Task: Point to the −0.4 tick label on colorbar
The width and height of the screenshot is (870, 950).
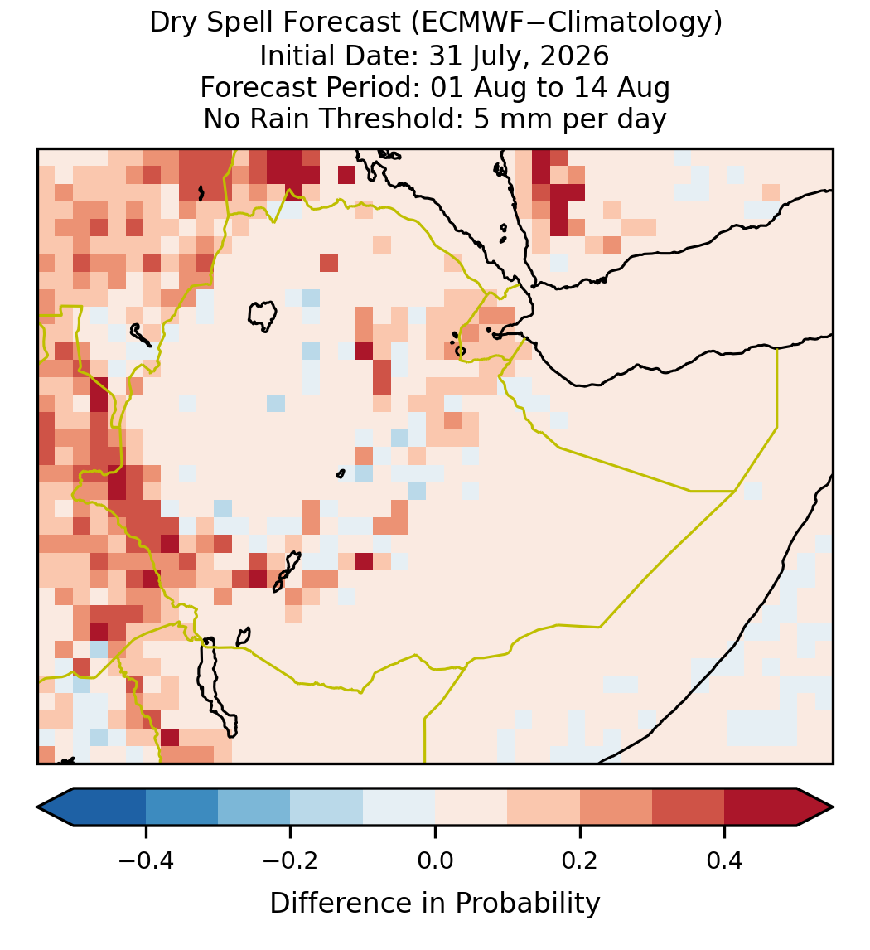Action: tap(146, 860)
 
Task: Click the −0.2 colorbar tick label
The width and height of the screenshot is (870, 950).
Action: tap(291, 860)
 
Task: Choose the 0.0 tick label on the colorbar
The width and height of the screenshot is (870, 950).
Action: tap(435, 860)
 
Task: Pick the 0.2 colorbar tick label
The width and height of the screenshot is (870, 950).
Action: tap(580, 860)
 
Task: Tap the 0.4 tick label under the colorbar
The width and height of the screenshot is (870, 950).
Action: tap(725, 860)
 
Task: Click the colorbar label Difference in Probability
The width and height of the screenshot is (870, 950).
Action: tap(435, 904)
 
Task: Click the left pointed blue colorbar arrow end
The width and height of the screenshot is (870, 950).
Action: tap(56, 807)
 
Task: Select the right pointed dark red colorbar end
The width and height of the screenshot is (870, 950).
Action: tap(815, 807)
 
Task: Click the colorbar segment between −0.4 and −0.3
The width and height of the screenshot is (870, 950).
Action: tap(182, 807)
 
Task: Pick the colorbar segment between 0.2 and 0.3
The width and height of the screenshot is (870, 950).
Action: tap(616, 807)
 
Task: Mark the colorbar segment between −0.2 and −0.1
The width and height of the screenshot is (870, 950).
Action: tap(327, 807)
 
